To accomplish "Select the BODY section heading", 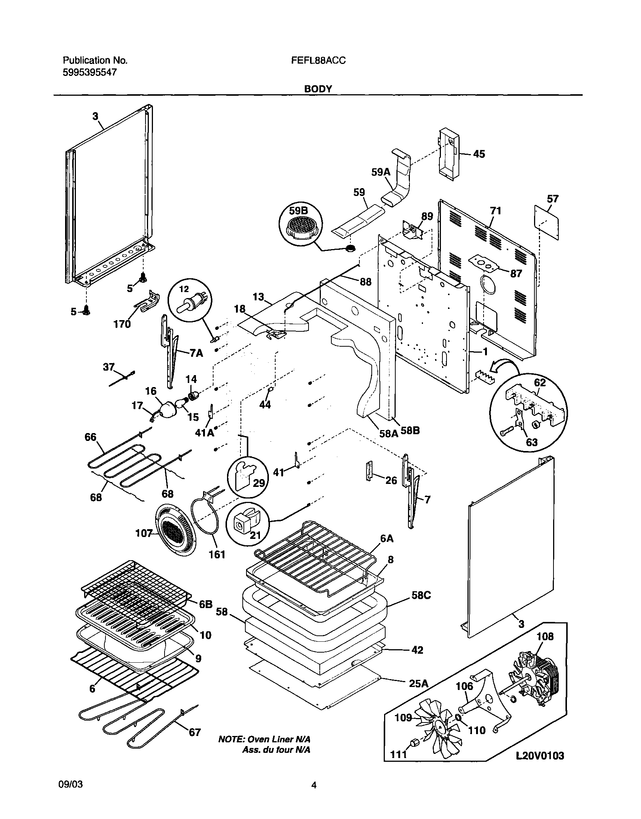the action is [318, 89].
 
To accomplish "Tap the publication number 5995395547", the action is [89, 73].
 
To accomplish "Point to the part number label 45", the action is [478, 154].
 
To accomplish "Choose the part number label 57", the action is [553, 199].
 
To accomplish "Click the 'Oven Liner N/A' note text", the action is [264, 739].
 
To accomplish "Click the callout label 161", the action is [217, 554].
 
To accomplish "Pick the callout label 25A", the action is [418, 684].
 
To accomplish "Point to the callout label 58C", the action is [421, 595].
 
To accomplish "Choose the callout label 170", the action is [122, 324].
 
